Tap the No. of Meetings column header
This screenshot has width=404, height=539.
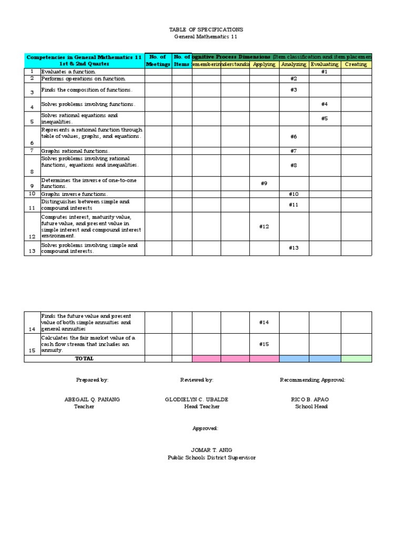(158, 61)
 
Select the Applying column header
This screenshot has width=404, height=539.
(264, 64)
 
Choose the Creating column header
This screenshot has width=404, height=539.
(356, 64)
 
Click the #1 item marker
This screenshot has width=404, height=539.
(325, 72)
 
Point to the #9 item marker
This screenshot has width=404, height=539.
(264, 183)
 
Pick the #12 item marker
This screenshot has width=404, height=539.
(264, 226)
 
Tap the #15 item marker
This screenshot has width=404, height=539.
(264, 344)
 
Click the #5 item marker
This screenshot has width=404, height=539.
(325, 118)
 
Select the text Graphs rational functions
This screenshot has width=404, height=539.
(76, 151)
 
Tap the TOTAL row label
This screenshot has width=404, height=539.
(84, 358)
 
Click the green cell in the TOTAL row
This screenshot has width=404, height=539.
(356, 358)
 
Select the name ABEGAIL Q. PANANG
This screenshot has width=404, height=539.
(92, 400)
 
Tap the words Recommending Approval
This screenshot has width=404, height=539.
(313, 380)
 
